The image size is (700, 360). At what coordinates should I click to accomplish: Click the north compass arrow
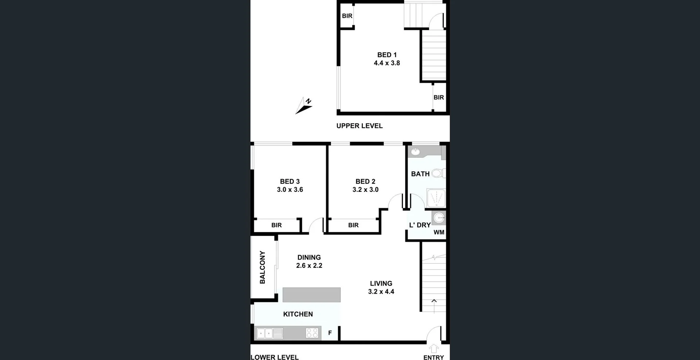(x=303, y=105)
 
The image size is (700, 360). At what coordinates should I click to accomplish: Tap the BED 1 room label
(x=387, y=55)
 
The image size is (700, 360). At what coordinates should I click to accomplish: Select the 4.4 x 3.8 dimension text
(x=387, y=63)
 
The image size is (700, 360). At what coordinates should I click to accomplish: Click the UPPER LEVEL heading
(x=359, y=126)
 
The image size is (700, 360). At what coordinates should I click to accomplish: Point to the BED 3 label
(x=290, y=181)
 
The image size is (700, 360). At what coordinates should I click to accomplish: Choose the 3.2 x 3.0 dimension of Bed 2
(x=365, y=190)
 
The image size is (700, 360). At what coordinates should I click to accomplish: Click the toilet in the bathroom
(x=438, y=173)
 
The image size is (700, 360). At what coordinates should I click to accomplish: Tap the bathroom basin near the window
(x=415, y=151)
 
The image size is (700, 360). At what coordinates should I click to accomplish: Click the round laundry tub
(x=439, y=218)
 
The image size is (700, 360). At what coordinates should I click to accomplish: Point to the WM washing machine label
(x=439, y=232)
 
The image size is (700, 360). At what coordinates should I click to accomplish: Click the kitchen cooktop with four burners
(x=312, y=333)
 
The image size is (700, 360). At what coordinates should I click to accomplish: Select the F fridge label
(x=330, y=333)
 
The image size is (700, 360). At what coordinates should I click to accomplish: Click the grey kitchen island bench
(x=311, y=295)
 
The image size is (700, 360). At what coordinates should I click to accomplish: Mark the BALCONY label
(x=262, y=267)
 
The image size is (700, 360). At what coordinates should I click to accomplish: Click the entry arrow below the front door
(x=433, y=348)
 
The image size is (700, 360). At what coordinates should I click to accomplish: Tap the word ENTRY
(x=433, y=357)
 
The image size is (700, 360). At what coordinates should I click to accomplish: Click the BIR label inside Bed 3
(x=276, y=225)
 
